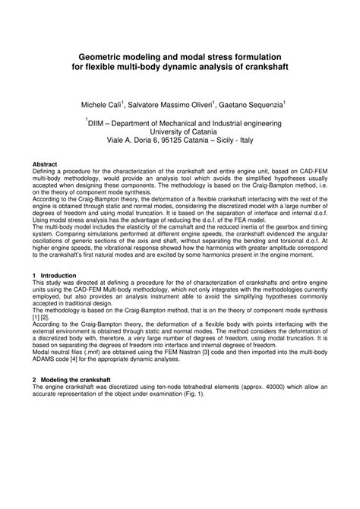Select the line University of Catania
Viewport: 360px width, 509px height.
(180, 131)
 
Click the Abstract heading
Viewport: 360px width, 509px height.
(46, 164)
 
